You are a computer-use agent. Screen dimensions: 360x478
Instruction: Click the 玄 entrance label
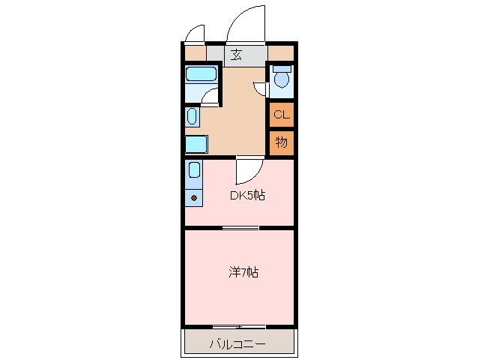click(x=237, y=55)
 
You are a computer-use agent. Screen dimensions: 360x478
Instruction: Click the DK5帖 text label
click(x=247, y=196)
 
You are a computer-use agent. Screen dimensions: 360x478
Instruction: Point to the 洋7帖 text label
click(x=243, y=272)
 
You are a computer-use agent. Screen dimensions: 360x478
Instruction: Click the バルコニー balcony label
click(x=237, y=344)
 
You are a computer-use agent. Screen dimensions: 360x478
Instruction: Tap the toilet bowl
click(x=282, y=80)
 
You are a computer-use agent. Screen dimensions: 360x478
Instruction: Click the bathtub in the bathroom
click(x=201, y=73)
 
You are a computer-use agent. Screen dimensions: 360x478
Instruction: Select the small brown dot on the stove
click(x=194, y=198)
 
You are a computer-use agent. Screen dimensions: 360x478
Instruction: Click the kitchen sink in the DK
click(x=194, y=170)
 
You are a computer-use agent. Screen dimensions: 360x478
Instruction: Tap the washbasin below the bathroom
click(x=192, y=116)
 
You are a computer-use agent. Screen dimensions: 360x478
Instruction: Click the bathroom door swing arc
click(x=211, y=95)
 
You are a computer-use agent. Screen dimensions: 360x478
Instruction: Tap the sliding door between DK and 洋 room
click(x=240, y=227)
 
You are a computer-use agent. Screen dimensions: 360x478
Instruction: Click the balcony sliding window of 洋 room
click(x=238, y=326)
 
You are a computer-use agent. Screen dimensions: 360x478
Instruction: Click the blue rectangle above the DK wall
click(x=196, y=143)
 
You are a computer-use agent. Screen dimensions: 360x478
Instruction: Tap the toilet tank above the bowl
click(x=282, y=68)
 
